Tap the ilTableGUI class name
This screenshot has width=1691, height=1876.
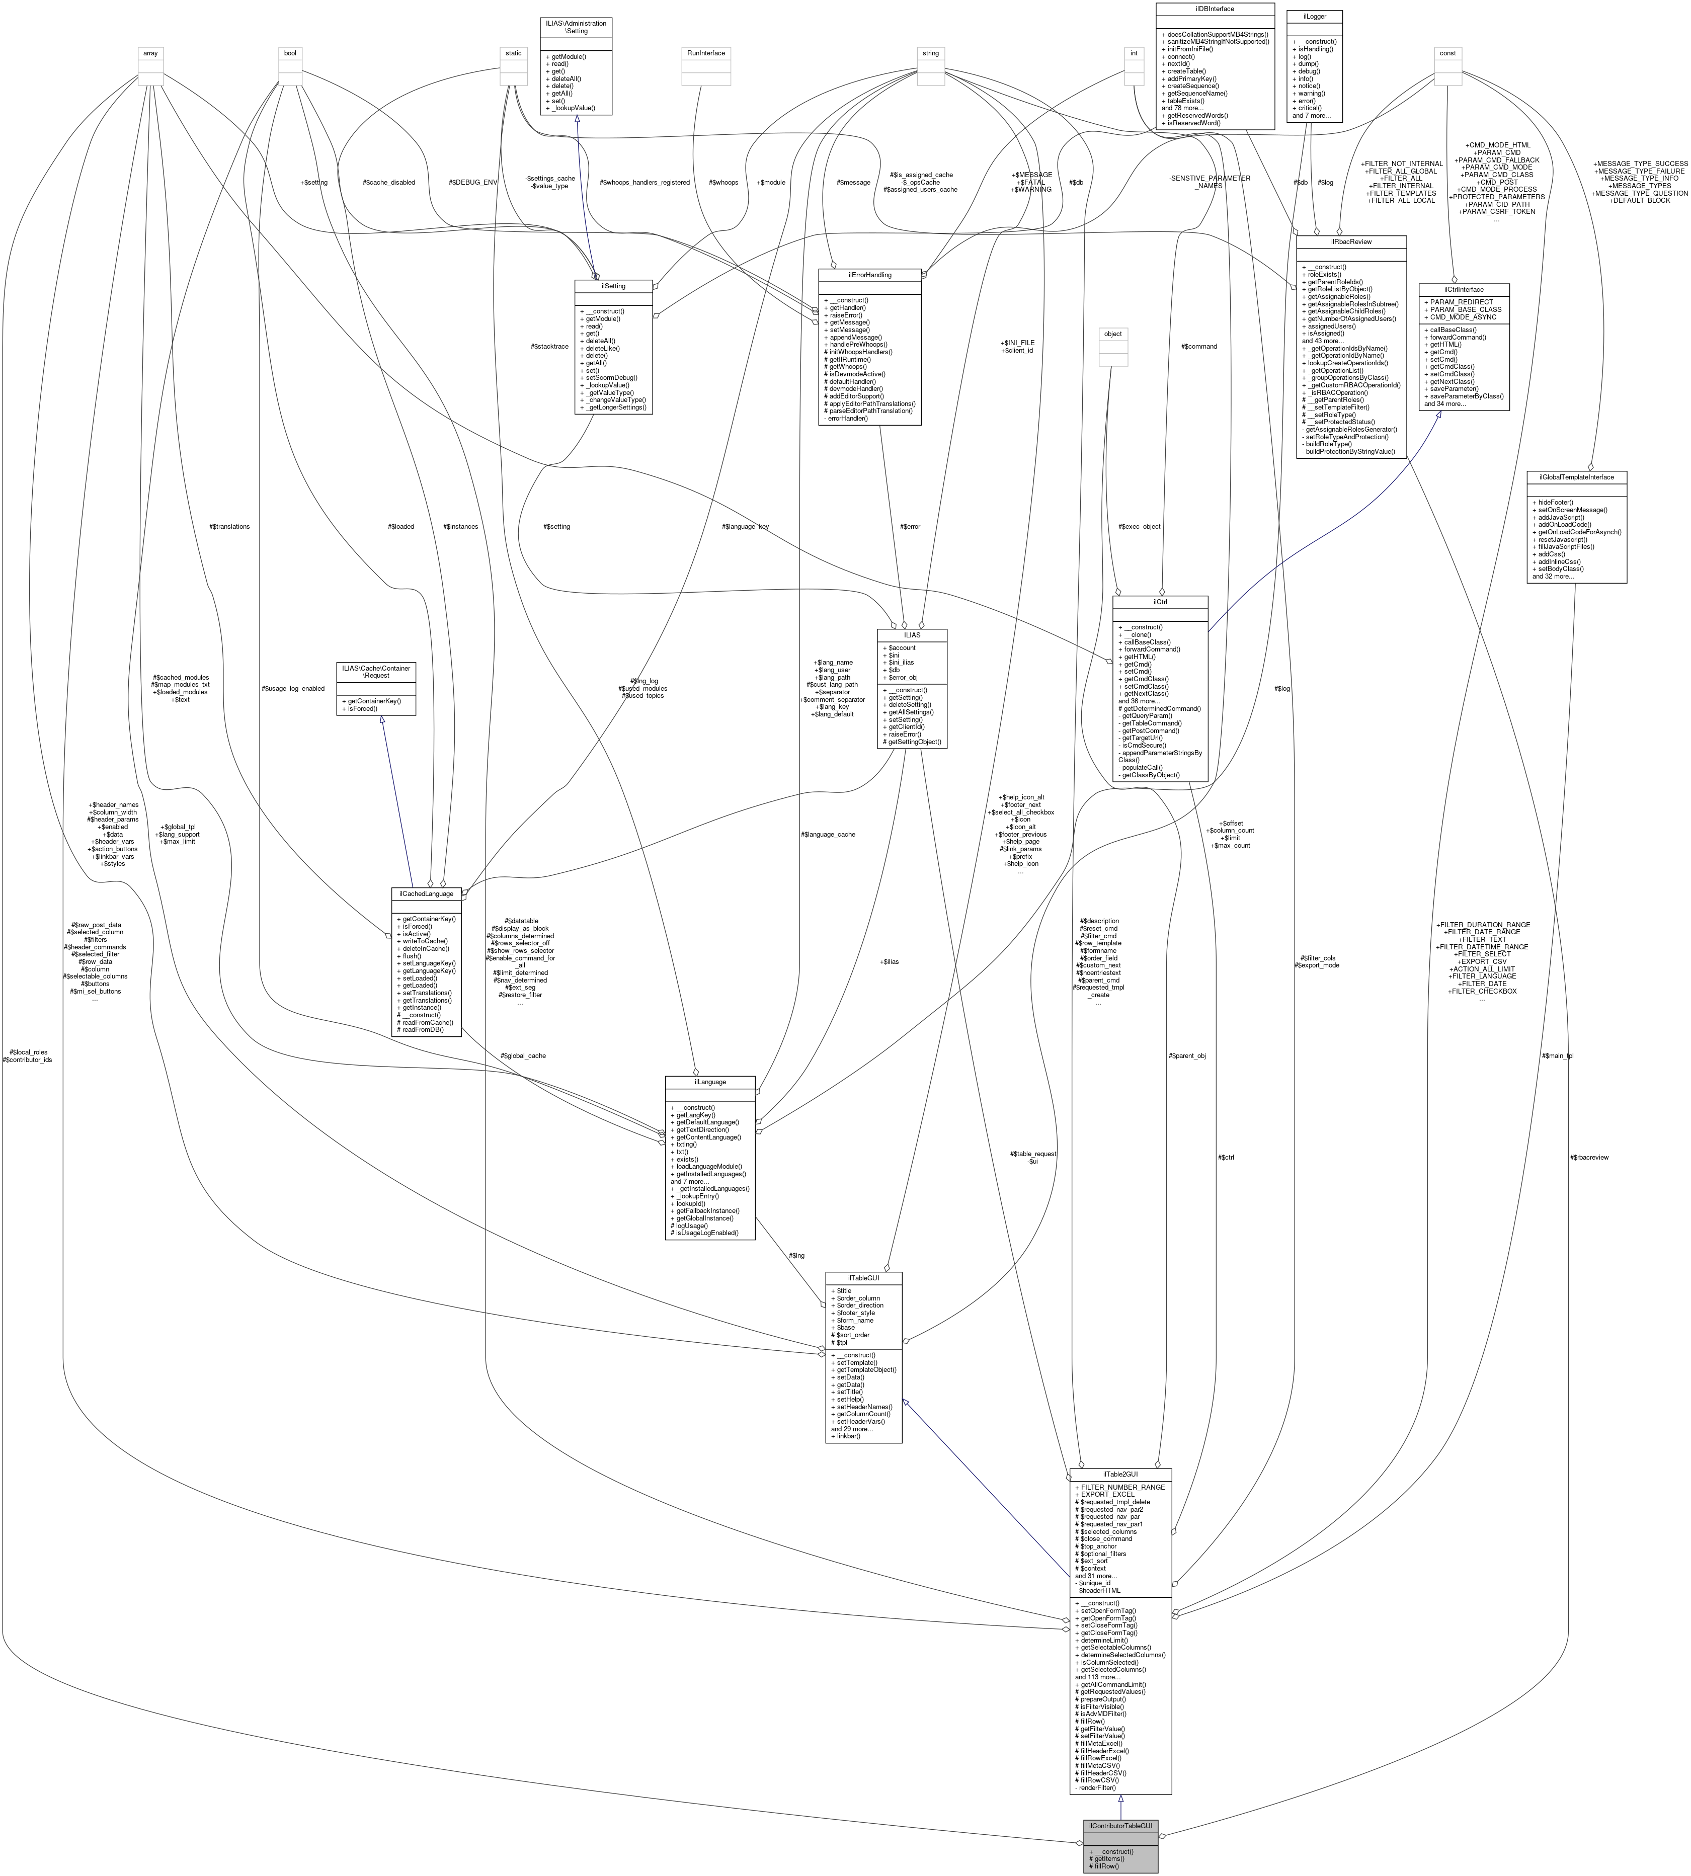pyautogui.click(x=863, y=1278)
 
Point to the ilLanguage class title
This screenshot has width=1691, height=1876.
pyautogui.click(x=710, y=1082)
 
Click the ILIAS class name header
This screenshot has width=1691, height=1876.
pyautogui.click(x=912, y=634)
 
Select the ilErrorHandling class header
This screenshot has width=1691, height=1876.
pyautogui.click(x=869, y=275)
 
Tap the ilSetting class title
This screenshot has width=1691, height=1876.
pyautogui.click(x=613, y=286)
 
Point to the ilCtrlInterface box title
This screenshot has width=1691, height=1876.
pyautogui.click(x=1464, y=289)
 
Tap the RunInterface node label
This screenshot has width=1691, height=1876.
pyautogui.click(x=705, y=53)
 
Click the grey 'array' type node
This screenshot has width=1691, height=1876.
pyautogui.click(x=149, y=53)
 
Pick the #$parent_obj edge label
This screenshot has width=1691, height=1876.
pyautogui.click(x=1186, y=1055)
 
